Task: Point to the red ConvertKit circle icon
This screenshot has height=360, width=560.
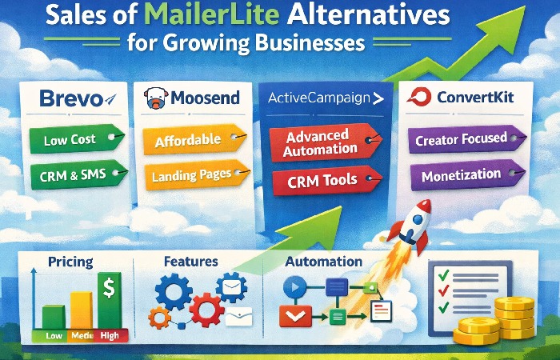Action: (418, 98)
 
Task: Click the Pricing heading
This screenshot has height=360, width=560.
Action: (70, 262)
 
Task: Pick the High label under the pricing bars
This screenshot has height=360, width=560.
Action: (109, 336)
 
